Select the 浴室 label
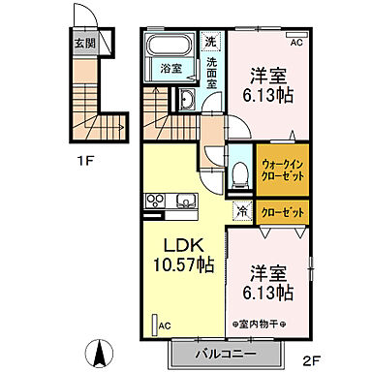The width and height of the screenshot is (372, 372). (170, 70)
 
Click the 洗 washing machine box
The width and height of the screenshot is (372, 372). (211, 42)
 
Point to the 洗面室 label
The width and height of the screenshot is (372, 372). (212, 74)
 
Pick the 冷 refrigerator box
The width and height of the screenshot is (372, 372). (239, 211)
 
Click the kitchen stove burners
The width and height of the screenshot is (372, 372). (155, 201)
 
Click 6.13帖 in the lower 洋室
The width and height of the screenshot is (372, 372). (269, 291)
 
